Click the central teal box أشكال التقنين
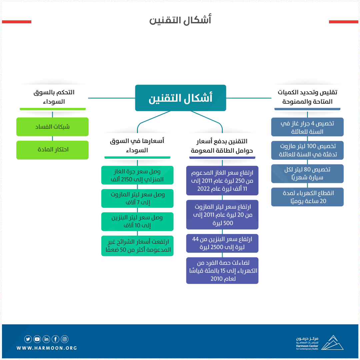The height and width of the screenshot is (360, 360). (180, 98)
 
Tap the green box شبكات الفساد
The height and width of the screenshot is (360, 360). (52, 127)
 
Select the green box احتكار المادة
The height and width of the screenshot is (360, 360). (52, 150)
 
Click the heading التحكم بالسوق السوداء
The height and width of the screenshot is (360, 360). (54, 97)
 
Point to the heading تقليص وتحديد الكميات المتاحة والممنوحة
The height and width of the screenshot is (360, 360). (307, 97)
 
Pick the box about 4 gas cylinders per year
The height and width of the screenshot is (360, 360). (307, 127)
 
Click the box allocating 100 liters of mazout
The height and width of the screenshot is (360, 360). (307, 150)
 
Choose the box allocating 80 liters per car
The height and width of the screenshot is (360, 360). (307, 174)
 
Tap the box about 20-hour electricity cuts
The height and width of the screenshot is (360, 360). (307, 197)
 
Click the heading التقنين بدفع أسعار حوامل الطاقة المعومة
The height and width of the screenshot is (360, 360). (222, 146)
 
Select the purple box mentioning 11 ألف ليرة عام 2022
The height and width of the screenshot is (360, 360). (222, 180)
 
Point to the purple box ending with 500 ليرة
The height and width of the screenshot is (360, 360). (222, 215)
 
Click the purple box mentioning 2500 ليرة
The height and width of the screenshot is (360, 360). (222, 243)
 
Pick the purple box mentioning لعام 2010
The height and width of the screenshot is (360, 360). (222, 270)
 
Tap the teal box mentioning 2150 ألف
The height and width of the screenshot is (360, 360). (137, 175)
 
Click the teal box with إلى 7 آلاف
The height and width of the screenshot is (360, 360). (137, 198)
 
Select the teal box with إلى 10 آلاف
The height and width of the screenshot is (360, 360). (137, 222)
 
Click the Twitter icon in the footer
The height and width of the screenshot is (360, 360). (28, 339)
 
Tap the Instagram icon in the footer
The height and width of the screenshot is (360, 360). (65, 339)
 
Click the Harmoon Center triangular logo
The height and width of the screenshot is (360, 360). (332, 343)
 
